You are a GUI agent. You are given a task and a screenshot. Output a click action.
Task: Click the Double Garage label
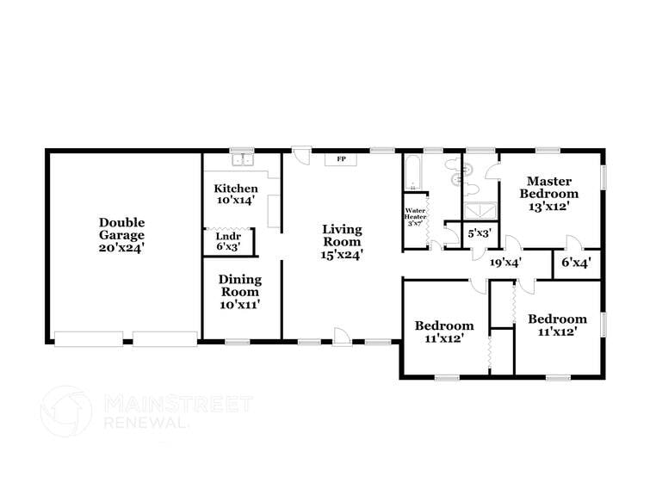tap(121, 234)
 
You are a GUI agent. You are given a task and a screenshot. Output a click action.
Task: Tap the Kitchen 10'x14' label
tap(236, 194)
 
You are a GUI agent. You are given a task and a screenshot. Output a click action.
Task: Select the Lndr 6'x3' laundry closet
tap(228, 241)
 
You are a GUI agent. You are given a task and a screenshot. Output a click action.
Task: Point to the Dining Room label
tap(239, 291)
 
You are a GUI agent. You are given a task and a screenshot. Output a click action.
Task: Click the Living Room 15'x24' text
tap(342, 241)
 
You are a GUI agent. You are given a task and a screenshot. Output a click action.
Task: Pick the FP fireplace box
tap(341, 159)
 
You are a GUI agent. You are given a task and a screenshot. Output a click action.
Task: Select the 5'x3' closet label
tap(480, 233)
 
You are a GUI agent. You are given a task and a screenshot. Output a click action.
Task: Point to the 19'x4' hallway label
tap(505, 263)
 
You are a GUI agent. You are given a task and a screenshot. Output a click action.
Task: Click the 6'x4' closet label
tap(576, 263)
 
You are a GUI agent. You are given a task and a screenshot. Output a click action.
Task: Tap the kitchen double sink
tap(243, 159)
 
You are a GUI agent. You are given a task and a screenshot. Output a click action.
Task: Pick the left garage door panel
tap(88, 338)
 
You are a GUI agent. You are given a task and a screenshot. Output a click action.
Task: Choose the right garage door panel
tap(165, 338)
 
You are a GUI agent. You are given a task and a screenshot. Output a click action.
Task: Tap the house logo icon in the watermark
tap(66, 411)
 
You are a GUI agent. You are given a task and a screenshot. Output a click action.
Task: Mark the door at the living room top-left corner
tap(300, 155)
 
